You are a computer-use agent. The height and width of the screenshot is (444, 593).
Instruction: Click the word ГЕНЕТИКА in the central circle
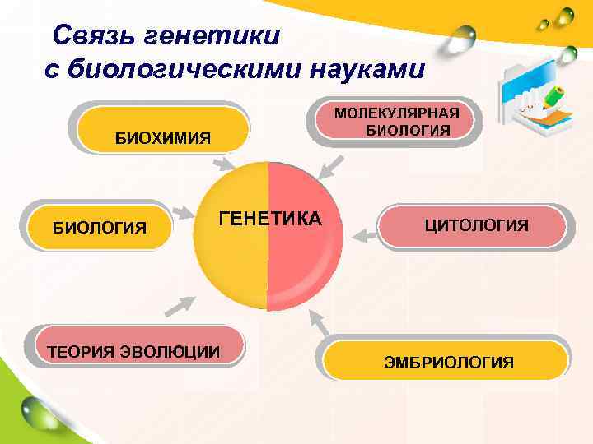[x=270, y=220]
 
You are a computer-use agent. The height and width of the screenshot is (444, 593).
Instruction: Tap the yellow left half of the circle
[x=231, y=263]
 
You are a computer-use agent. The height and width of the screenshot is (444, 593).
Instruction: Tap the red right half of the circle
[x=305, y=263]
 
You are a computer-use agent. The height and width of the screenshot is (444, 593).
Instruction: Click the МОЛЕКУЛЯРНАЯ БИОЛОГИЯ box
[x=396, y=122]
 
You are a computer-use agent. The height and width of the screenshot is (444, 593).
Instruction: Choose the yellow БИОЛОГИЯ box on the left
[x=100, y=226]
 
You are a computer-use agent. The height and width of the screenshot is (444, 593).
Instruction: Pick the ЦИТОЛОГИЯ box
[x=476, y=226]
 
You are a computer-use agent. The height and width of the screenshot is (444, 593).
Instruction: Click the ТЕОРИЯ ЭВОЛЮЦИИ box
[x=133, y=352]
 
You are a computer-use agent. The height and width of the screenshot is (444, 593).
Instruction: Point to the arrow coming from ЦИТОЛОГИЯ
[x=362, y=236]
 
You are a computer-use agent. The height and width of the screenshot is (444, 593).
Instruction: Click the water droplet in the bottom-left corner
[x=37, y=409]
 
